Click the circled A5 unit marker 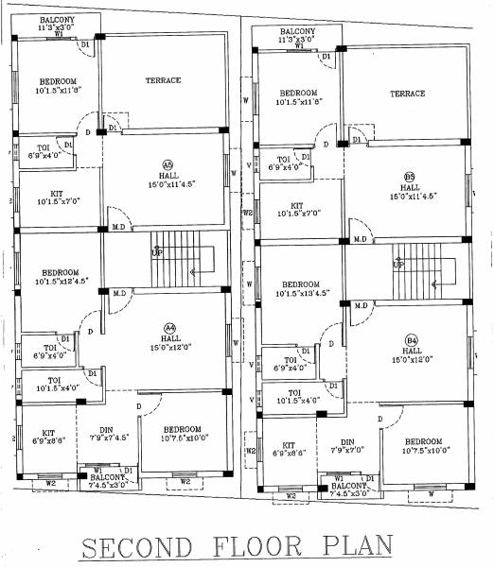pos(168,163)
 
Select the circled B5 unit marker pos(410,177)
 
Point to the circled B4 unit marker pos(412,339)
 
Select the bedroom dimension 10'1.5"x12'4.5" pos(53,281)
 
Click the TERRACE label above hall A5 pos(163,81)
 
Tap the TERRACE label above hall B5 pos(407,94)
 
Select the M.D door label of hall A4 pos(119,295)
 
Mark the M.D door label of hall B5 pos(361,239)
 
